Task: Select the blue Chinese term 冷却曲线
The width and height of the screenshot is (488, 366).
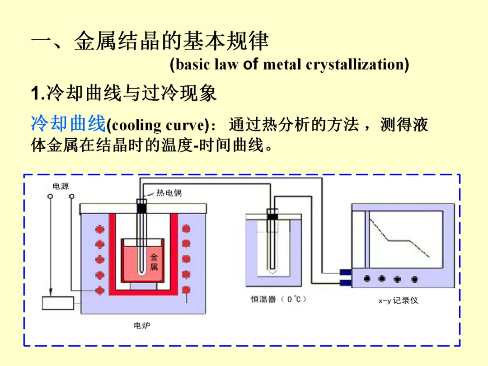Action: [68, 123]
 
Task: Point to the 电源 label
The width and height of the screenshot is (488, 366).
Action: [61, 186]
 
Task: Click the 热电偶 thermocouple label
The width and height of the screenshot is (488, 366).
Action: [169, 193]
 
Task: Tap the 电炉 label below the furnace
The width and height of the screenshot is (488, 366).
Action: [141, 325]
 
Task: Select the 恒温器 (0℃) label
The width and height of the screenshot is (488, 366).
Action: [279, 299]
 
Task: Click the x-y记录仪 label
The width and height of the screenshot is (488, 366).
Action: [398, 300]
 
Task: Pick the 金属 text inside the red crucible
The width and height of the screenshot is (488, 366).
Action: [154, 262]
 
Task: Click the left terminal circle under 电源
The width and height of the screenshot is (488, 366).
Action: [50, 197]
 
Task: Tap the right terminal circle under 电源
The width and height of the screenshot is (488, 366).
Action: [71, 197]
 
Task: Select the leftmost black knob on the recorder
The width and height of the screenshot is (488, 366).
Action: [367, 279]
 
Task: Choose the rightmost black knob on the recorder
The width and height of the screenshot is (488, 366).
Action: [412, 279]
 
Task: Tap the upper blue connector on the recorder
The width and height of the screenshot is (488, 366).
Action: [345, 273]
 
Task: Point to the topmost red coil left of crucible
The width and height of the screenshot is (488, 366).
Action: [99, 230]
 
